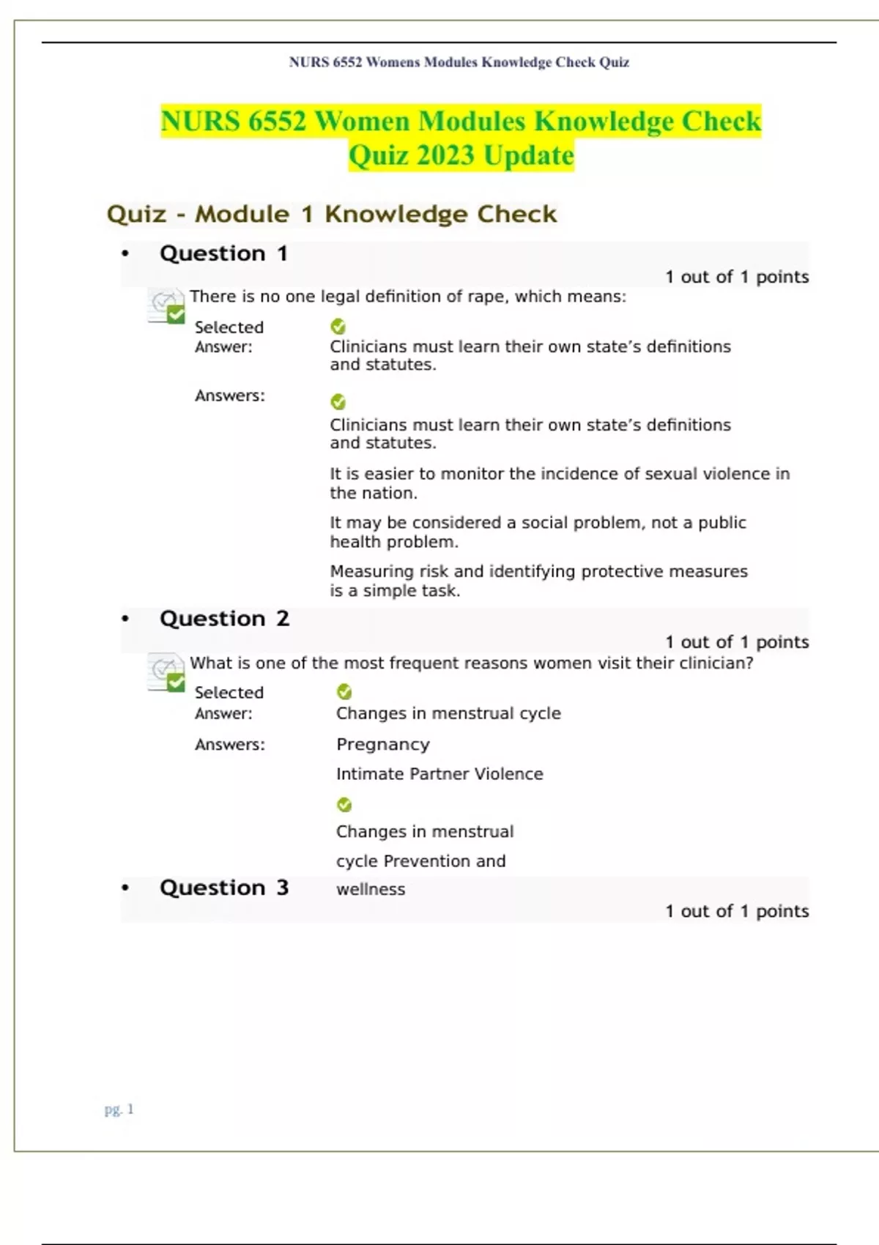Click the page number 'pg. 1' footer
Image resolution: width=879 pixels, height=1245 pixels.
click(119, 1109)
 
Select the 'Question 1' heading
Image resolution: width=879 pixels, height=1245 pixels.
click(223, 253)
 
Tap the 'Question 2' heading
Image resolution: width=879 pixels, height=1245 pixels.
click(224, 618)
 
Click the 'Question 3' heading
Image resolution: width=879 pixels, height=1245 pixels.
click(224, 888)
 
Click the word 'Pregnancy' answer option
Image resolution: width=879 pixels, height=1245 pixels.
click(383, 744)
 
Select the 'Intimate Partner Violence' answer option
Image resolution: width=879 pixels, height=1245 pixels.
click(439, 773)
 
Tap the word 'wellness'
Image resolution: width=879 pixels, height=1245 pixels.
click(371, 889)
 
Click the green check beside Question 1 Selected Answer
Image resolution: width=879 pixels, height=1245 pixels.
click(338, 327)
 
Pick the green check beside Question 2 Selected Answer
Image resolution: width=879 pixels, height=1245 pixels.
click(344, 692)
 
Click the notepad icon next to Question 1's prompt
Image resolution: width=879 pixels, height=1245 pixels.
click(166, 305)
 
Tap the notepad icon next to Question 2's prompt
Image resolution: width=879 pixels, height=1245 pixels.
click(166, 672)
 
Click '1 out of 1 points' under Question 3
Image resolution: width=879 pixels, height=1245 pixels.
click(737, 911)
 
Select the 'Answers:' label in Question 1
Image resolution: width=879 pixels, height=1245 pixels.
click(230, 395)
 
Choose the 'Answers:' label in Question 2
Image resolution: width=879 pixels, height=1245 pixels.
click(230, 744)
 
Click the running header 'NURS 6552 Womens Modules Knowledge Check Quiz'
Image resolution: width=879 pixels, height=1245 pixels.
click(459, 62)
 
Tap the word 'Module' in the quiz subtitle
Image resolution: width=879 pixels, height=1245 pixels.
click(242, 214)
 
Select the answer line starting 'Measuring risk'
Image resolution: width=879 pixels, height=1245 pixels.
click(538, 571)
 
